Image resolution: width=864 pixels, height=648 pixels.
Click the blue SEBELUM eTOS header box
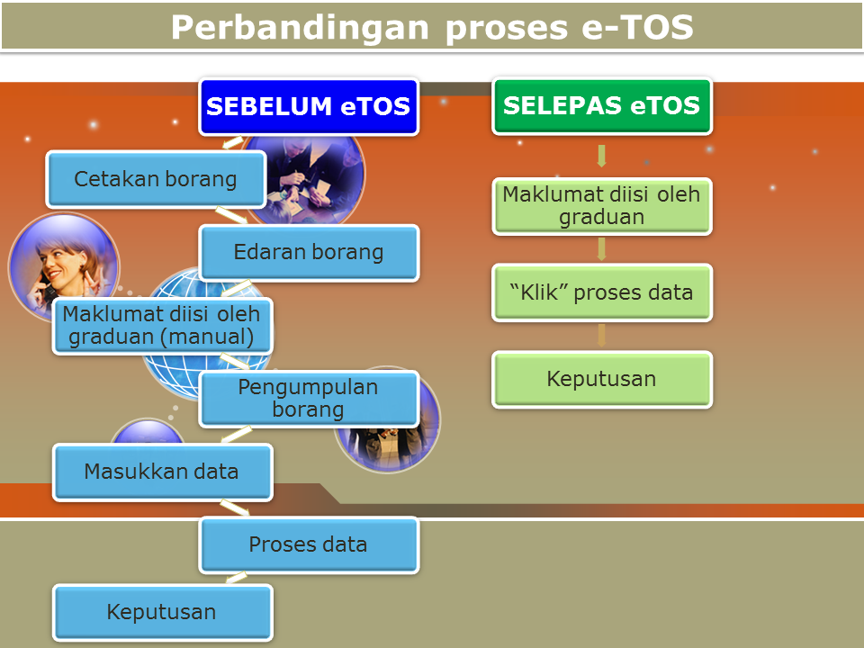click(309, 106)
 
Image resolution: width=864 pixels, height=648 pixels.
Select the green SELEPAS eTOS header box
click(602, 106)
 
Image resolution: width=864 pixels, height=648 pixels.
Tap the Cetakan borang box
click(156, 179)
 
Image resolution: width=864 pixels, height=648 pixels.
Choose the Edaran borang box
click(309, 252)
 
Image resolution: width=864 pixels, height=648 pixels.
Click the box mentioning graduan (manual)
click(162, 326)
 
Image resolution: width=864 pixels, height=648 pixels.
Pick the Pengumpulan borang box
click(309, 399)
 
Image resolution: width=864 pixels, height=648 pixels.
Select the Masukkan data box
click(162, 472)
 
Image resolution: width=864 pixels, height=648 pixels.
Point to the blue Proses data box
click(309, 545)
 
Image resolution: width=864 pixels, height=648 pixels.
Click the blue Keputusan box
click(162, 613)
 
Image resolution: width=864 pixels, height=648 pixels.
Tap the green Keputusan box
click(602, 379)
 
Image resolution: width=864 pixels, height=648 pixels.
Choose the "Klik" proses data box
click(602, 292)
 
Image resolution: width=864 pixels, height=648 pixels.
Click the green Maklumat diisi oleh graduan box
click(602, 206)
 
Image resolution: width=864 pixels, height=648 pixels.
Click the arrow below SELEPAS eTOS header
click(602, 156)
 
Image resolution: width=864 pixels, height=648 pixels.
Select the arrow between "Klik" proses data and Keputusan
click(602, 336)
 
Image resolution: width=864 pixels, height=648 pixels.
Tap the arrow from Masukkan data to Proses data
click(235, 508)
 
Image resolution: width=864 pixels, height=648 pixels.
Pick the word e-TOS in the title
click(637, 28)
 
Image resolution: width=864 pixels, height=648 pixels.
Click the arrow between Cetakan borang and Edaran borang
click(231, 215)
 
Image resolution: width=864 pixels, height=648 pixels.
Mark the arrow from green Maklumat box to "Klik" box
click(602, 249)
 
